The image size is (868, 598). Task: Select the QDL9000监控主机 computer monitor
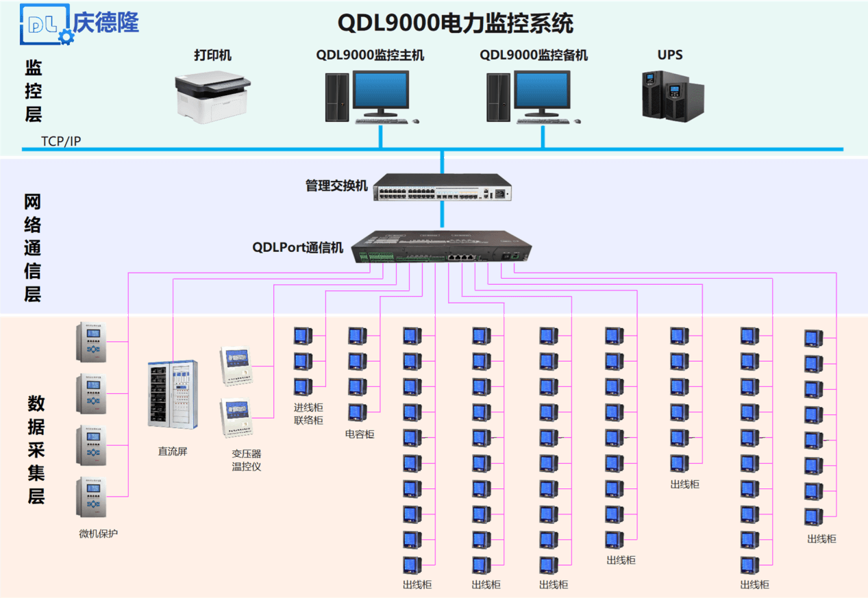381,94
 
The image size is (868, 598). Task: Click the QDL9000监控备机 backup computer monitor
542,94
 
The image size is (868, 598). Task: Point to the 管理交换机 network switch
443,187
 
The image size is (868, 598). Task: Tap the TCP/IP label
61,141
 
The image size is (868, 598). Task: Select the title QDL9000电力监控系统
455,23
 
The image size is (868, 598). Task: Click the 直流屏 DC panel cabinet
173,394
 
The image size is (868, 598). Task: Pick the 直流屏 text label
173,451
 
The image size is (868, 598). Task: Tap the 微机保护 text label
98,534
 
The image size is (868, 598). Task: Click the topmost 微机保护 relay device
92,342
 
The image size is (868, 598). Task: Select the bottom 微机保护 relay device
92,497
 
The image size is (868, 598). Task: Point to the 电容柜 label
360,434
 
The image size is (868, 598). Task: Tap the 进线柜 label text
308,408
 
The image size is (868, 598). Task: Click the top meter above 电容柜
357,335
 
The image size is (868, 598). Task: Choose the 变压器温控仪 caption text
247,460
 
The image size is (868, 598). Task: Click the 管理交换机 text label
336,186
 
